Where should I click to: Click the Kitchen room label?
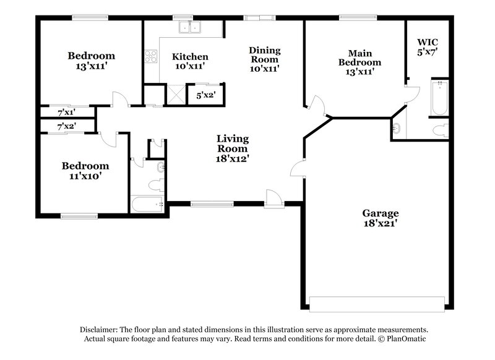coord(189,57)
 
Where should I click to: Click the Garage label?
coord(380,213)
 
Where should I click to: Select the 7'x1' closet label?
coord(66,113)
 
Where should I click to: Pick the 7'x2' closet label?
coord(66,126)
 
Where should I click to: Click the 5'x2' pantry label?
coord(205,96)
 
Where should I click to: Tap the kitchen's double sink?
coord(190,27)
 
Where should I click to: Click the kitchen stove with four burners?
coord(152,57)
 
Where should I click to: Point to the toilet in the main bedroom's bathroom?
coord(440,130)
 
